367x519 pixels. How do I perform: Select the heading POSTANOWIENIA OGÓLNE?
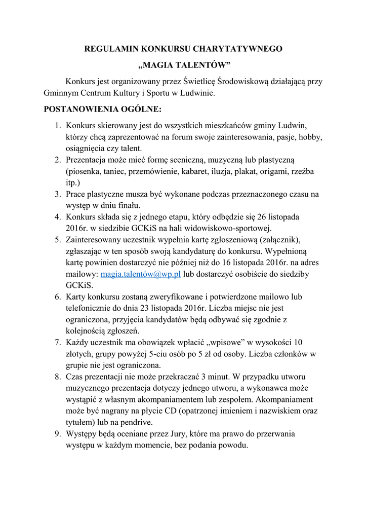tap(103, 109)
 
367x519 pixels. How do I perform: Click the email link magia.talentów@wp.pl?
tap(141, 274)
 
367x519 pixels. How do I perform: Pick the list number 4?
tap(58, 216)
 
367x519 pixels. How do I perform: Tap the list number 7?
tap(58, 342)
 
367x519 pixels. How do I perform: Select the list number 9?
tap(58, 434)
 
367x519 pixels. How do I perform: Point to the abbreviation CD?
tap(169, 411)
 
